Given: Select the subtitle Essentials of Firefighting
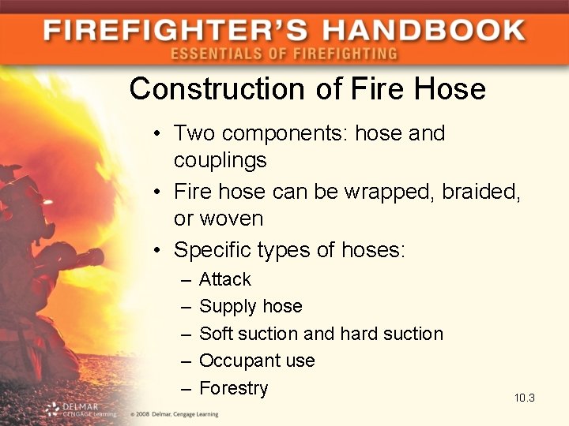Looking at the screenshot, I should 284,54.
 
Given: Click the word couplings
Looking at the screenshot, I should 220,160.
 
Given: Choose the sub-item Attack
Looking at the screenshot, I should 224,279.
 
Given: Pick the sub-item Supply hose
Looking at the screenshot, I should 251,306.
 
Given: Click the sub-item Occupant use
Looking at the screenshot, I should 257,361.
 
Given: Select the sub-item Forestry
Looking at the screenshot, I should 233,388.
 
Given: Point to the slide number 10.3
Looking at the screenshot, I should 524,398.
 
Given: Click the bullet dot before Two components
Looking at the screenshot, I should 159,134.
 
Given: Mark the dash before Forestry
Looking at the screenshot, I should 185,388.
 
